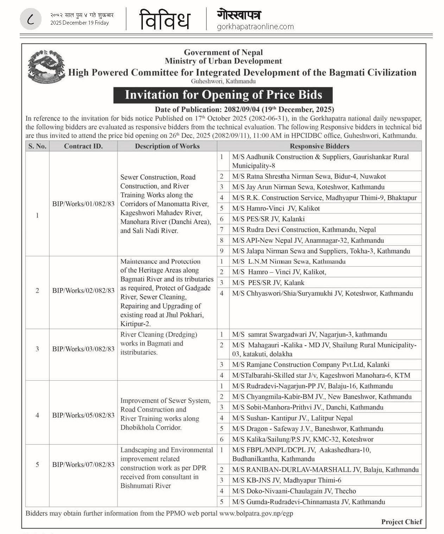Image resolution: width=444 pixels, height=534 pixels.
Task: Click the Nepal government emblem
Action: (x=46, y=66)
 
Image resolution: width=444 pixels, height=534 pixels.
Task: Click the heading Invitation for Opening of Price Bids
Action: (x=223, y=95)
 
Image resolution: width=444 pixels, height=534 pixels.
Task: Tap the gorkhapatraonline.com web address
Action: (x=255, y=27)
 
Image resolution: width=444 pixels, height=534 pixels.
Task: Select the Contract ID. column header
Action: (x=83, y=146)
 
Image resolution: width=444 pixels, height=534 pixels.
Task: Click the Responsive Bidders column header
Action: (x=319, y=146)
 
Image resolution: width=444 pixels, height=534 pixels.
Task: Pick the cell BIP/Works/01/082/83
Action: (x=83, y=204)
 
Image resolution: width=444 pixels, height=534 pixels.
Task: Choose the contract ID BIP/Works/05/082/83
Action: (x=83, y=415)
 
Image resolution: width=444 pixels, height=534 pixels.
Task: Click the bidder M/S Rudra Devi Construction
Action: (x=304, y=230)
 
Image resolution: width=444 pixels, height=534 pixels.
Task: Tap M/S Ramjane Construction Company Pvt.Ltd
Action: (x=310, y=365)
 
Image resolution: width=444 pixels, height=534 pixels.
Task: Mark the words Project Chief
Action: (x=401, y=522)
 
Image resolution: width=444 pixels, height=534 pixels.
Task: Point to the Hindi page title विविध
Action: (x=165, y=20)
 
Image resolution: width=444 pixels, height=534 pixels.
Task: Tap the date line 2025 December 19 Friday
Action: (x=80, y=23)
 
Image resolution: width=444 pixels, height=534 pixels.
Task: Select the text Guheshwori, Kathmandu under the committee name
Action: (x=223, y=81)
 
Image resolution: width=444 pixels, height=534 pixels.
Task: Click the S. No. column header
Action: (x=37, y=146)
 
